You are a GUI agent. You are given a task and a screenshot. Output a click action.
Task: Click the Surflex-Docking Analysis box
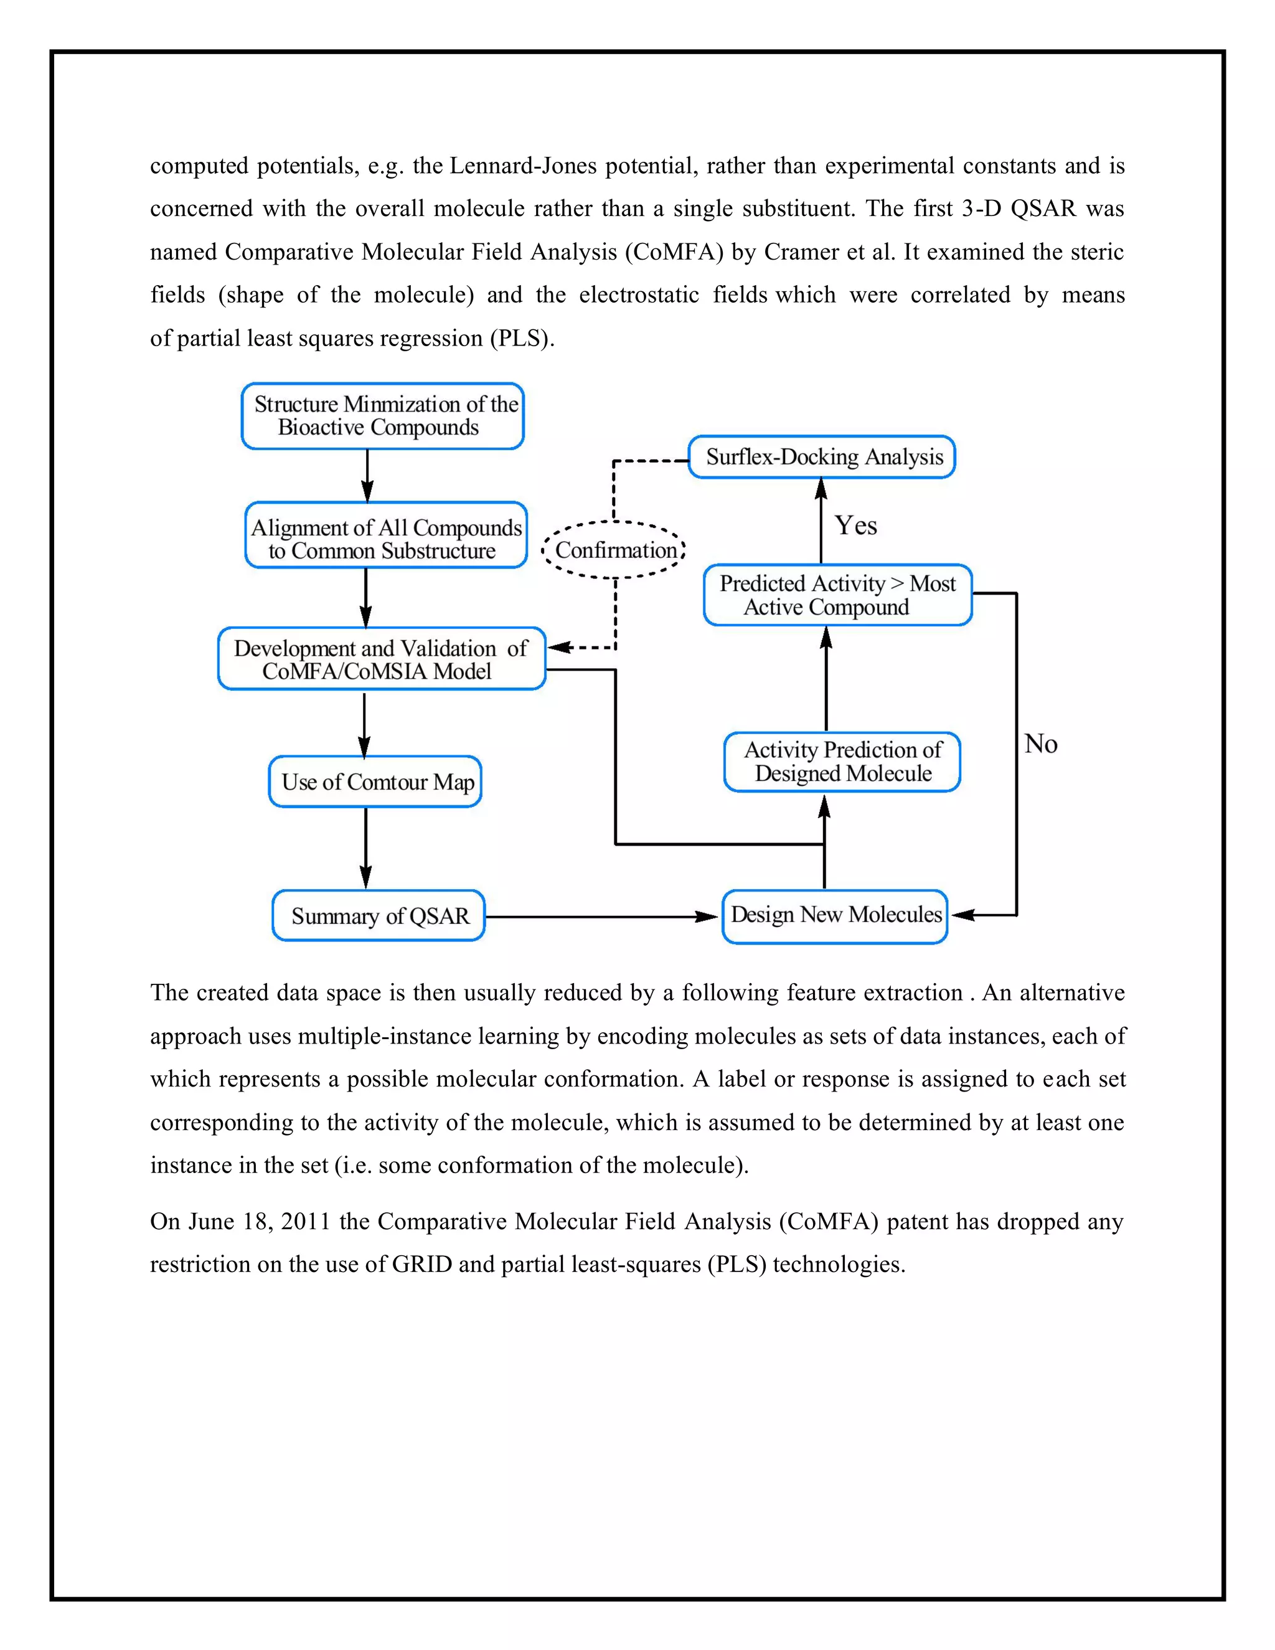[822, 457]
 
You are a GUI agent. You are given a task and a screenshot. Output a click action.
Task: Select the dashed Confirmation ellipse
[614, 550]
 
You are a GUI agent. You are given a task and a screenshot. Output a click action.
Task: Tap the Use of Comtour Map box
[375, 782]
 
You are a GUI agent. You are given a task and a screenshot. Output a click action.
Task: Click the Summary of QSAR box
[379, 916]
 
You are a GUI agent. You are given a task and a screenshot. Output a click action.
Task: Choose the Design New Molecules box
[835, 916]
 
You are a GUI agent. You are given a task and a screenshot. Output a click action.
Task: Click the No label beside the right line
[1040, 744]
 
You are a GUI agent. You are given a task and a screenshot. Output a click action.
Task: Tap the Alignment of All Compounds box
[385, 535]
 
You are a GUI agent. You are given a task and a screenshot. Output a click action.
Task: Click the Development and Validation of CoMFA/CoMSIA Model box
[382, 659]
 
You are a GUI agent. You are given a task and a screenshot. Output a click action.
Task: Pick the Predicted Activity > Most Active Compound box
[837, 595]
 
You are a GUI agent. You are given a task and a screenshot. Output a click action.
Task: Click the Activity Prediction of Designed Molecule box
[842, 761]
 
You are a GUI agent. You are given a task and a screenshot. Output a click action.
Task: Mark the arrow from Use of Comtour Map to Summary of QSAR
[365, 847]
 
